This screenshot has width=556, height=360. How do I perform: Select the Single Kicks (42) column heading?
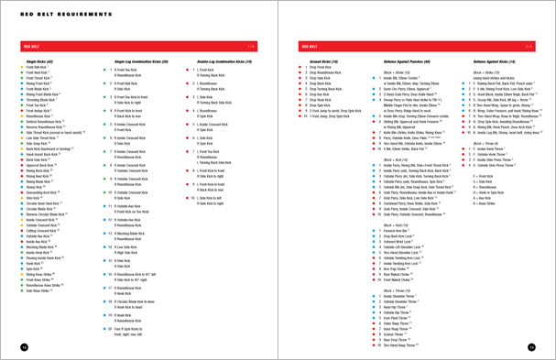click(x=38, y=60)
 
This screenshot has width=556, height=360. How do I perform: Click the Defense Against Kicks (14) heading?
click(x=486, y=60)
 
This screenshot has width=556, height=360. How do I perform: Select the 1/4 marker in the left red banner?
click(x=250, y=45)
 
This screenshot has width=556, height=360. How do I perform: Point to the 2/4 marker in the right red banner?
click(x=528, y=45)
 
